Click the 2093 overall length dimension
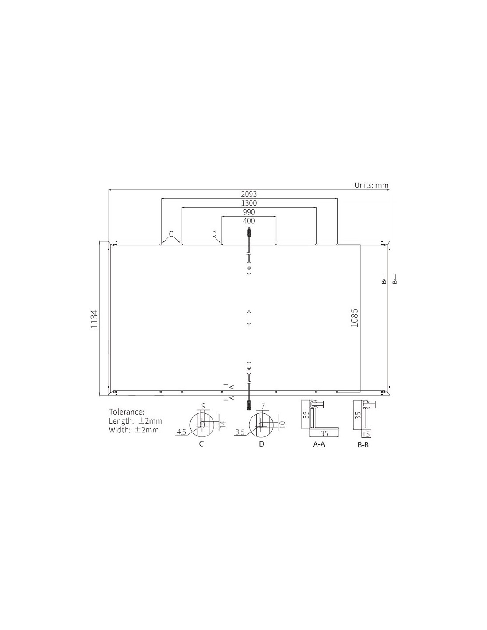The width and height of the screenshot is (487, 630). pos(248,194)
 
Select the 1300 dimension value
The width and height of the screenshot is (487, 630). pos(248,203)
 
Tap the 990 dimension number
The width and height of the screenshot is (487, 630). pos(248,212)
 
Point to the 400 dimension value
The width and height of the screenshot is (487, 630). pos(249,221)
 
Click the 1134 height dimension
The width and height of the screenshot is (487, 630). pos(93,319)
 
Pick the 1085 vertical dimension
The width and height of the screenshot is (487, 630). pos(354,318)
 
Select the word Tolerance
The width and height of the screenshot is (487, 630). pos(127,412)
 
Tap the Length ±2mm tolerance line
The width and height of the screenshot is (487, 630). pos(135,421)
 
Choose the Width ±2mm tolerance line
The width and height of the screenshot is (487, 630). pos(133,430)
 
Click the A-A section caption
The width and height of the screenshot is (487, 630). pos(319,444)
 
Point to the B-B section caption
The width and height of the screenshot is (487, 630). pos(363,444)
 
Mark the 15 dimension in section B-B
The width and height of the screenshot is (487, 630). pos(366,434)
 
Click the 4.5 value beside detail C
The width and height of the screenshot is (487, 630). pos(181,432)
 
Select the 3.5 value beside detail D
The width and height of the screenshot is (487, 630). pos(240,432)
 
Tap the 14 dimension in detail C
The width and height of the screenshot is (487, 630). pos(223,424)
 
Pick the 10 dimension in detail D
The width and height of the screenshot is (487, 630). pos(282,424)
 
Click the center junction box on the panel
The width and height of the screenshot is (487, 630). pos(249,319)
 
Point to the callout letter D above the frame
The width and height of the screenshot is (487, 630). pos(214,233)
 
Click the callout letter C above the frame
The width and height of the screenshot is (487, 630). pos(171,233)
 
